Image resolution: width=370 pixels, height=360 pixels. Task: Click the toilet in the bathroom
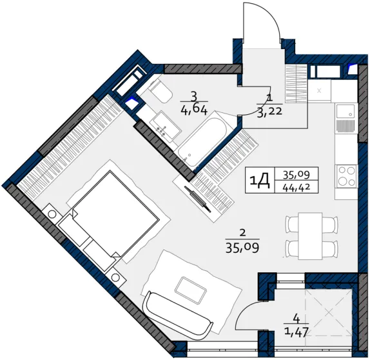(x=160, y=91)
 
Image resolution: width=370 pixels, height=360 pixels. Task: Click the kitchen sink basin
(x=346, y=112)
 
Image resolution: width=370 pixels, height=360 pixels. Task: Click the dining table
(x=310, y=235)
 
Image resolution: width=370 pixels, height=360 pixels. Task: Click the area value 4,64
(x=193, y=110)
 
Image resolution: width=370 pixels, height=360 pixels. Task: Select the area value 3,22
(x=270, y=111)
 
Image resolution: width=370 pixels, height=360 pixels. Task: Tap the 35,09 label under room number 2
(x=242, y=248)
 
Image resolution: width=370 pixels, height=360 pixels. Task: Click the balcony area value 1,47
(x=297, y=332)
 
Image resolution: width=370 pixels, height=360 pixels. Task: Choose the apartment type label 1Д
(x=260, y=181)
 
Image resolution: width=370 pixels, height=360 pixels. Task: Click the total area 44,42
(x=297, y=188)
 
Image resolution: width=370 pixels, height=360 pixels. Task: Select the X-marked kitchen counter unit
(x=319, y=90)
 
